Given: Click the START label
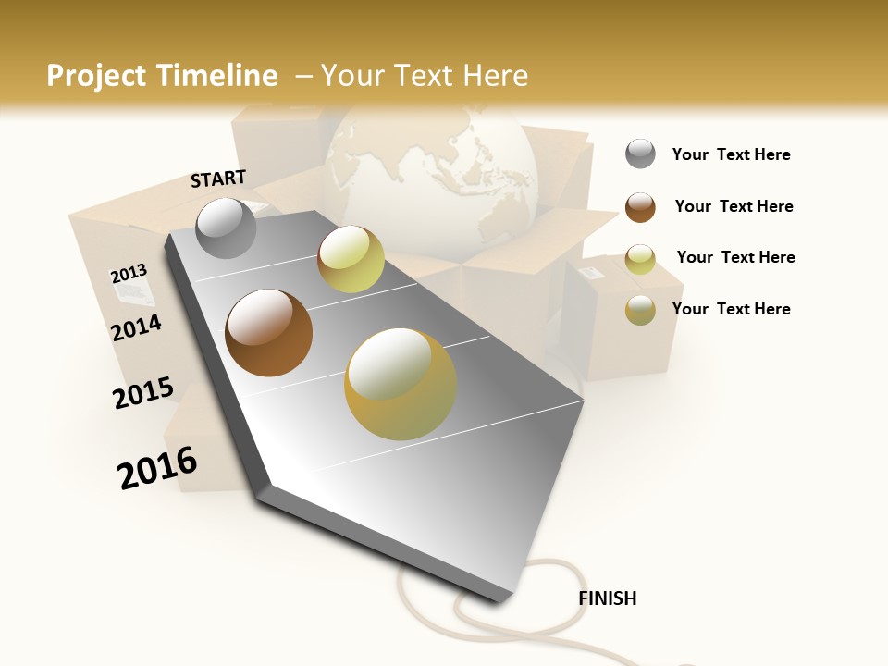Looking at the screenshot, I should (x=218, y=179).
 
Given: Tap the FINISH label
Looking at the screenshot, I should (x=607, y=598).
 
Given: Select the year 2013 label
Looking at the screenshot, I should (x=129, y=273).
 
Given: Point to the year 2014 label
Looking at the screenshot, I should (x=136, y=327).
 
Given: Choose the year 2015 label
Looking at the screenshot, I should (x=143, y=393).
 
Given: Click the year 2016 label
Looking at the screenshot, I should (x=157, y=467).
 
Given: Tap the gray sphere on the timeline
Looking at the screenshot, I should (x=226, y=228).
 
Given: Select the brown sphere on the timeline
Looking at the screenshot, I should (x=268, y=332).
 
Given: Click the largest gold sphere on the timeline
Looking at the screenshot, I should (x=400, y=384).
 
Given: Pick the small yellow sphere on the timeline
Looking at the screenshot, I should (x=351, y=259).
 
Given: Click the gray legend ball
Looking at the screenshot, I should (x=640, y=154).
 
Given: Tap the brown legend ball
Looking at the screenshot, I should (x=640, y=207).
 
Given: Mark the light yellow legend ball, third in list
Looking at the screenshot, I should (x=640, y=259).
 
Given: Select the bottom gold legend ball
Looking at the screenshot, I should (x=640, y=310).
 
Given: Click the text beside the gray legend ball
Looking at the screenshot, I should (x=731, y=154).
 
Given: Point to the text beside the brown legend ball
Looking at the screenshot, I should (x=734, y=206).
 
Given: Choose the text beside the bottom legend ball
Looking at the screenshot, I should (x=731, y=309).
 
